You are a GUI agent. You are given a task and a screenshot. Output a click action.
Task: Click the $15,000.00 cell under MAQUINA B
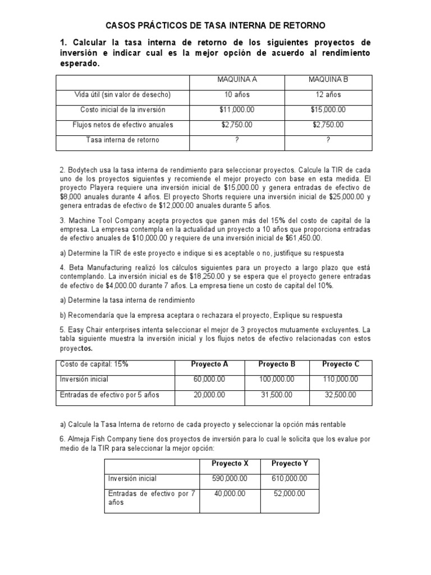tap(328, 110)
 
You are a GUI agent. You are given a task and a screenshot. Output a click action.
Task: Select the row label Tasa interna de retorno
tap(122, 140)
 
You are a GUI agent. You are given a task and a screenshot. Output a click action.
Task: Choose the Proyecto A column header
tap(209, 364)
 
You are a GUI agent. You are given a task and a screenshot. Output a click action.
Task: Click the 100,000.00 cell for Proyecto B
tap(277, 379)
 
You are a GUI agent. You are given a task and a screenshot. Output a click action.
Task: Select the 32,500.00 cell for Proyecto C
tap(340, 395)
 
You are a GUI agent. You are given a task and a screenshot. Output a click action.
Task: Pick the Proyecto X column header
tap(230, 463)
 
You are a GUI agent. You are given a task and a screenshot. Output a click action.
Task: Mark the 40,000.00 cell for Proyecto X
tap(230, 494)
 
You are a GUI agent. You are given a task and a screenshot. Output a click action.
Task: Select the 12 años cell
tap(328, 95)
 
